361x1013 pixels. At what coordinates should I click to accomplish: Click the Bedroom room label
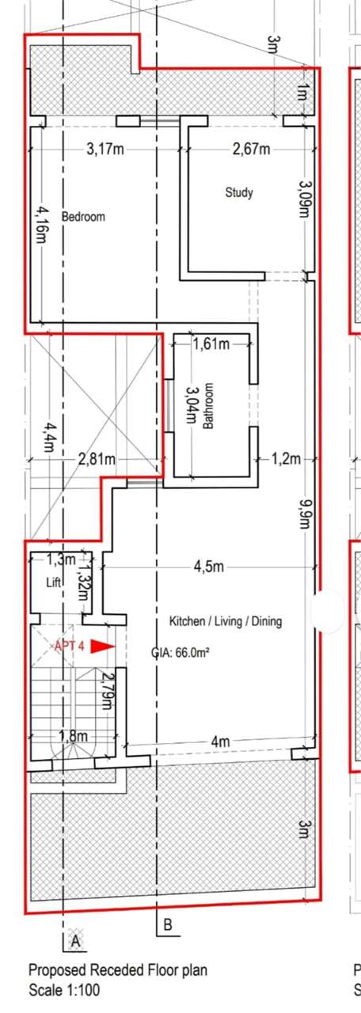83,217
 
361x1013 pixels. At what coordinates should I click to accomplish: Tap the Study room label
239,192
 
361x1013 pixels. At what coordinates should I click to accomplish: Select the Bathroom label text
208,406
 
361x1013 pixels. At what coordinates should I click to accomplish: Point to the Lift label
53,582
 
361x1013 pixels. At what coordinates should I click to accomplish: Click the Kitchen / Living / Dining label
226,621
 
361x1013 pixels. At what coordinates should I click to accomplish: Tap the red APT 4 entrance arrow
103,647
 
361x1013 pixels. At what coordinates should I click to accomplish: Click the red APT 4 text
69,646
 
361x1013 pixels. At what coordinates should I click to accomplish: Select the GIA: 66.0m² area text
180,653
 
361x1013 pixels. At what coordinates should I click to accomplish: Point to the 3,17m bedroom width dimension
105,149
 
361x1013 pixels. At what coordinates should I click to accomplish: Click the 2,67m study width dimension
252,149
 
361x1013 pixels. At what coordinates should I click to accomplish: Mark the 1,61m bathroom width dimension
211,344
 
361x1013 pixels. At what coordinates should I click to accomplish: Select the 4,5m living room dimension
208,566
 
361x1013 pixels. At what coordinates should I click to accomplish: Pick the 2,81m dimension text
97,460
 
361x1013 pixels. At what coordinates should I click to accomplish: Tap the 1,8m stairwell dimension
74,736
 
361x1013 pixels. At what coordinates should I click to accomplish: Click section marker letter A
75,942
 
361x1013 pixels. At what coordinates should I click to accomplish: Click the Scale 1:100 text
64,990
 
